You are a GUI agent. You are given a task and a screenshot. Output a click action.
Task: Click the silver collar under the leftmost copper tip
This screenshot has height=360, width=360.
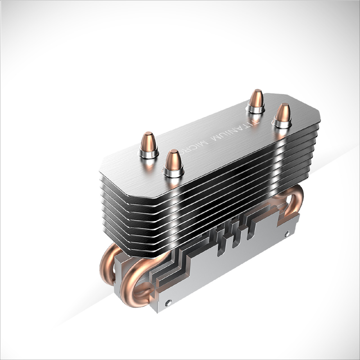148,153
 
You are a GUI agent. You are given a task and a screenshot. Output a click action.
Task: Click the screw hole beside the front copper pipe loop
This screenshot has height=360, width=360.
168,302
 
